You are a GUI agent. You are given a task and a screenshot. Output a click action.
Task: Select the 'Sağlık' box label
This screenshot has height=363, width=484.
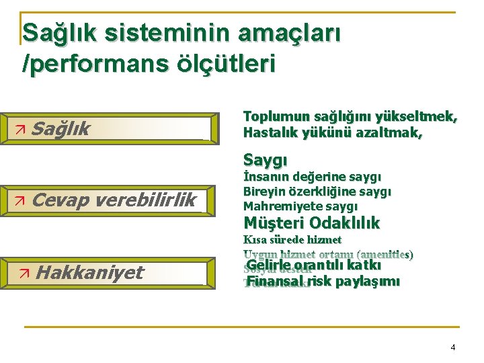(61, 128)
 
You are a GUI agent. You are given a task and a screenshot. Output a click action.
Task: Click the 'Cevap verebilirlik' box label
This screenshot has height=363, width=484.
(114, 200)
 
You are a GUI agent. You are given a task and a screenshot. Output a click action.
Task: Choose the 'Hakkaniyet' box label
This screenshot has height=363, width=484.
(89, 272)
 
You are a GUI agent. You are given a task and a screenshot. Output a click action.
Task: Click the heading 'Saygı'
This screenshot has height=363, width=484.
(266, 160)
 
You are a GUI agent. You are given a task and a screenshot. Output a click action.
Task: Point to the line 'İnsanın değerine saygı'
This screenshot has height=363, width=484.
(312, 177)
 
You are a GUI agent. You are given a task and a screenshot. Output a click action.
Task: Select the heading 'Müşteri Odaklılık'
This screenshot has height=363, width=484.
(311, 223)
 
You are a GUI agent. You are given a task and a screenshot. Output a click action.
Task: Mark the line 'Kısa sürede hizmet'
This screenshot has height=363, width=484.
(292, 239)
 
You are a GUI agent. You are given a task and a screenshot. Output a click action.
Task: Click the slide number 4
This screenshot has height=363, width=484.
(452, 348)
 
